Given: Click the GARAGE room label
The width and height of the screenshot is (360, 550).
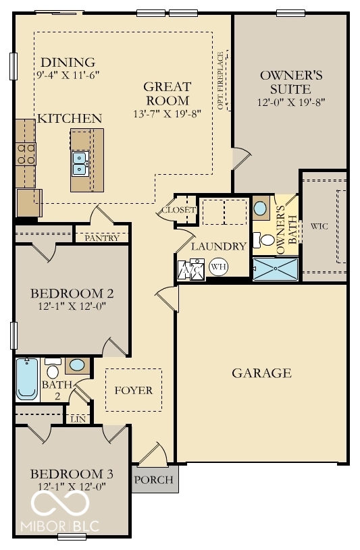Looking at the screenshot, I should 261,373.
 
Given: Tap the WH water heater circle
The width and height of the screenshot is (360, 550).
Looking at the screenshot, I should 218,267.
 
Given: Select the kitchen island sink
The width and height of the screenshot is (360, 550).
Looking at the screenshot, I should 80,163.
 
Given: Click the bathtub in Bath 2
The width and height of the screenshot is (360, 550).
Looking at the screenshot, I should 26,380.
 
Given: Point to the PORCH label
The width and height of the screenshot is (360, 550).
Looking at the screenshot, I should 154,480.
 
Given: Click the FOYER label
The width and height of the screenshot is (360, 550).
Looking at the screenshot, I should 133,390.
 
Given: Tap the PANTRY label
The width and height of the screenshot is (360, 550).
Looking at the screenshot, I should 102,238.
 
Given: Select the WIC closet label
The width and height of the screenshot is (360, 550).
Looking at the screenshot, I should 319,226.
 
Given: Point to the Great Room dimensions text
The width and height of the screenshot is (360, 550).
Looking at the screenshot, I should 167,113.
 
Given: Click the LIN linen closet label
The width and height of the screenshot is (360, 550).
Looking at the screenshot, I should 78,419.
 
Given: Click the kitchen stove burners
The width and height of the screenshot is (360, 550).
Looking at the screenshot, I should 26,154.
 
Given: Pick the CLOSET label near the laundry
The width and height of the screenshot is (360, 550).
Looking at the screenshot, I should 178,210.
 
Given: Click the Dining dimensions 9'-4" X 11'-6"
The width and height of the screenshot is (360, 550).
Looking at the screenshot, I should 67,76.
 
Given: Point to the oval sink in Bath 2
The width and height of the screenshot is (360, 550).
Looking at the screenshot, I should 77,365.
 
